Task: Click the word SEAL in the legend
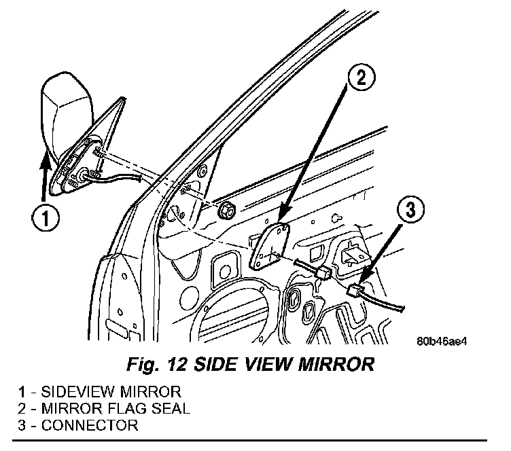point(173,409)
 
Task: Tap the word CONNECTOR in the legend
point(90,426)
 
